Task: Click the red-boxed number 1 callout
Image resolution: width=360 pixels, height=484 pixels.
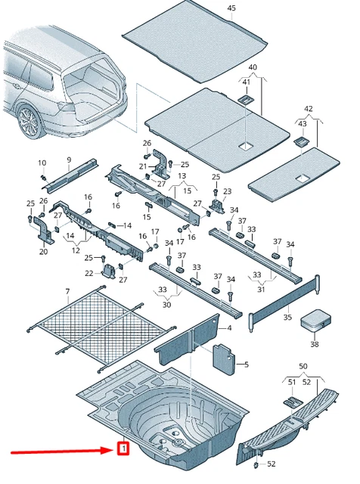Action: [123, 448]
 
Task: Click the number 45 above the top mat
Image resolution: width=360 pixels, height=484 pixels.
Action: [231, 8]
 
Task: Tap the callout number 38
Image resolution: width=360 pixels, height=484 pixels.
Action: [315, 344]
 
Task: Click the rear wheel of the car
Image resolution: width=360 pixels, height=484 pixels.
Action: [29, 121]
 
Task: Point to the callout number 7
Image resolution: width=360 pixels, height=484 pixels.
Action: [67, 291]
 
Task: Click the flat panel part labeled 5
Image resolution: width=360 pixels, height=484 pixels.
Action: [224, 360]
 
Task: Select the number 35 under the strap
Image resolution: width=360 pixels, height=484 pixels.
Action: [287, 317]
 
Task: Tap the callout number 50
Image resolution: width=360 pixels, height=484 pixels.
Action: [303, 366]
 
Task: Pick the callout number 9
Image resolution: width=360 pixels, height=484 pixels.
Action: [69, 160]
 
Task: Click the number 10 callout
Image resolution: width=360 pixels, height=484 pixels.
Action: [42, 163]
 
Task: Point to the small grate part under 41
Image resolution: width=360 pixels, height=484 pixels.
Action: [246, 99]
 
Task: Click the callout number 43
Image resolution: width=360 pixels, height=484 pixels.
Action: [303, 124]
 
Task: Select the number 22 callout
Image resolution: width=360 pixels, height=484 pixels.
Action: [89, 273]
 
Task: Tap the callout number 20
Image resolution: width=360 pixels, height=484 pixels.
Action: [44, 252]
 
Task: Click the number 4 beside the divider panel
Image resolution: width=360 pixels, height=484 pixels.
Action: [229, 327]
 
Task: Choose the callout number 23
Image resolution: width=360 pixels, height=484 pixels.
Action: [227, 191]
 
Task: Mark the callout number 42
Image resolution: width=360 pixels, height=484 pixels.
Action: [308, 109]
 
